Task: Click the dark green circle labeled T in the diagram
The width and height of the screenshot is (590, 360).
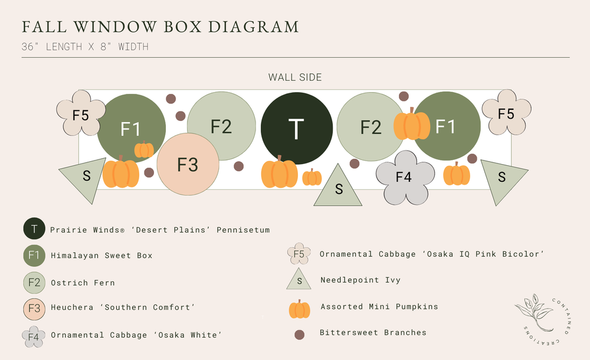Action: point(296,129)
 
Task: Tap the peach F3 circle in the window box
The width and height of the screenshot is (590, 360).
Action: point(188,165)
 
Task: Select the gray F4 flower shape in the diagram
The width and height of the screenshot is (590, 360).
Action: point(404,176)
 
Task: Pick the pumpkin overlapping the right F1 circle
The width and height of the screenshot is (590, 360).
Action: point(412,125)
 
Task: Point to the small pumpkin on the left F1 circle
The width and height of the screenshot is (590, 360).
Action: point(144,150)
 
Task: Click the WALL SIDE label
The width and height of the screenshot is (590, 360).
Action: point(295,77)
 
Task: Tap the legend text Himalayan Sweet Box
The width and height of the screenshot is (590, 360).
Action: point(101,256)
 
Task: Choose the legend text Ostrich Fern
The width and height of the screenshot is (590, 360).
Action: point(83,283)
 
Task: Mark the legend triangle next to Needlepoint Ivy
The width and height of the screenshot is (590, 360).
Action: point(299,280)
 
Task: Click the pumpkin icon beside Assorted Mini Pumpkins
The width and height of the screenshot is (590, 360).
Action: point(299,309)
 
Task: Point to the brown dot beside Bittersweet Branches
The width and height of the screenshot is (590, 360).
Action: point(299,335)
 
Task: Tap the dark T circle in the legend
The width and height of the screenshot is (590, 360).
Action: point(34,229)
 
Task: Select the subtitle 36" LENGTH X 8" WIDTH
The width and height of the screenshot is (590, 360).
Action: point(85,47)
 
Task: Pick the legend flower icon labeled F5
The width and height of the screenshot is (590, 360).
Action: point(299,254)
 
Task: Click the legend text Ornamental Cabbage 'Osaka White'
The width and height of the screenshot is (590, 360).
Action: point(136,335)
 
